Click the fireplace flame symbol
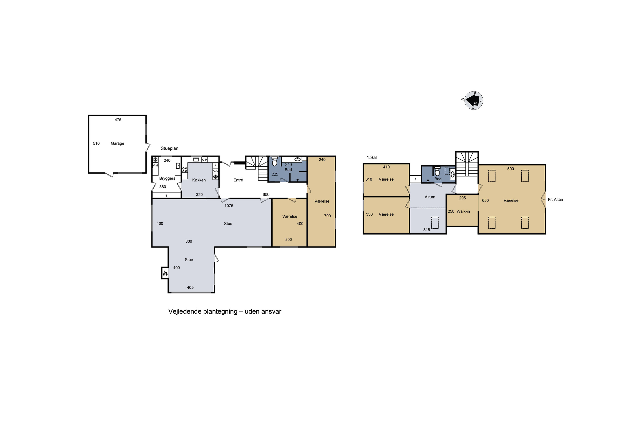[x=165, y=273]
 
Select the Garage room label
[x=117, y=143]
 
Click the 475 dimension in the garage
[x=118, y=120]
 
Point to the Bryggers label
[x=167, y=179]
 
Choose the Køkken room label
[x=199, y=180]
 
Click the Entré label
[x=238, y=180]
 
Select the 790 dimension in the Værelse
[x=327, y=216]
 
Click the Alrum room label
[x=430, y=197]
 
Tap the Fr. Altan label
[x=555, y=200]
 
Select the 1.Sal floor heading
[x=372, y=158]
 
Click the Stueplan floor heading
[x=169, y=149]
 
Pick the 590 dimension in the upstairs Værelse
[x=510, y=169]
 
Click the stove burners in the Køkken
[x=185, y=170]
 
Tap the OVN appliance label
[x=216, y=171]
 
